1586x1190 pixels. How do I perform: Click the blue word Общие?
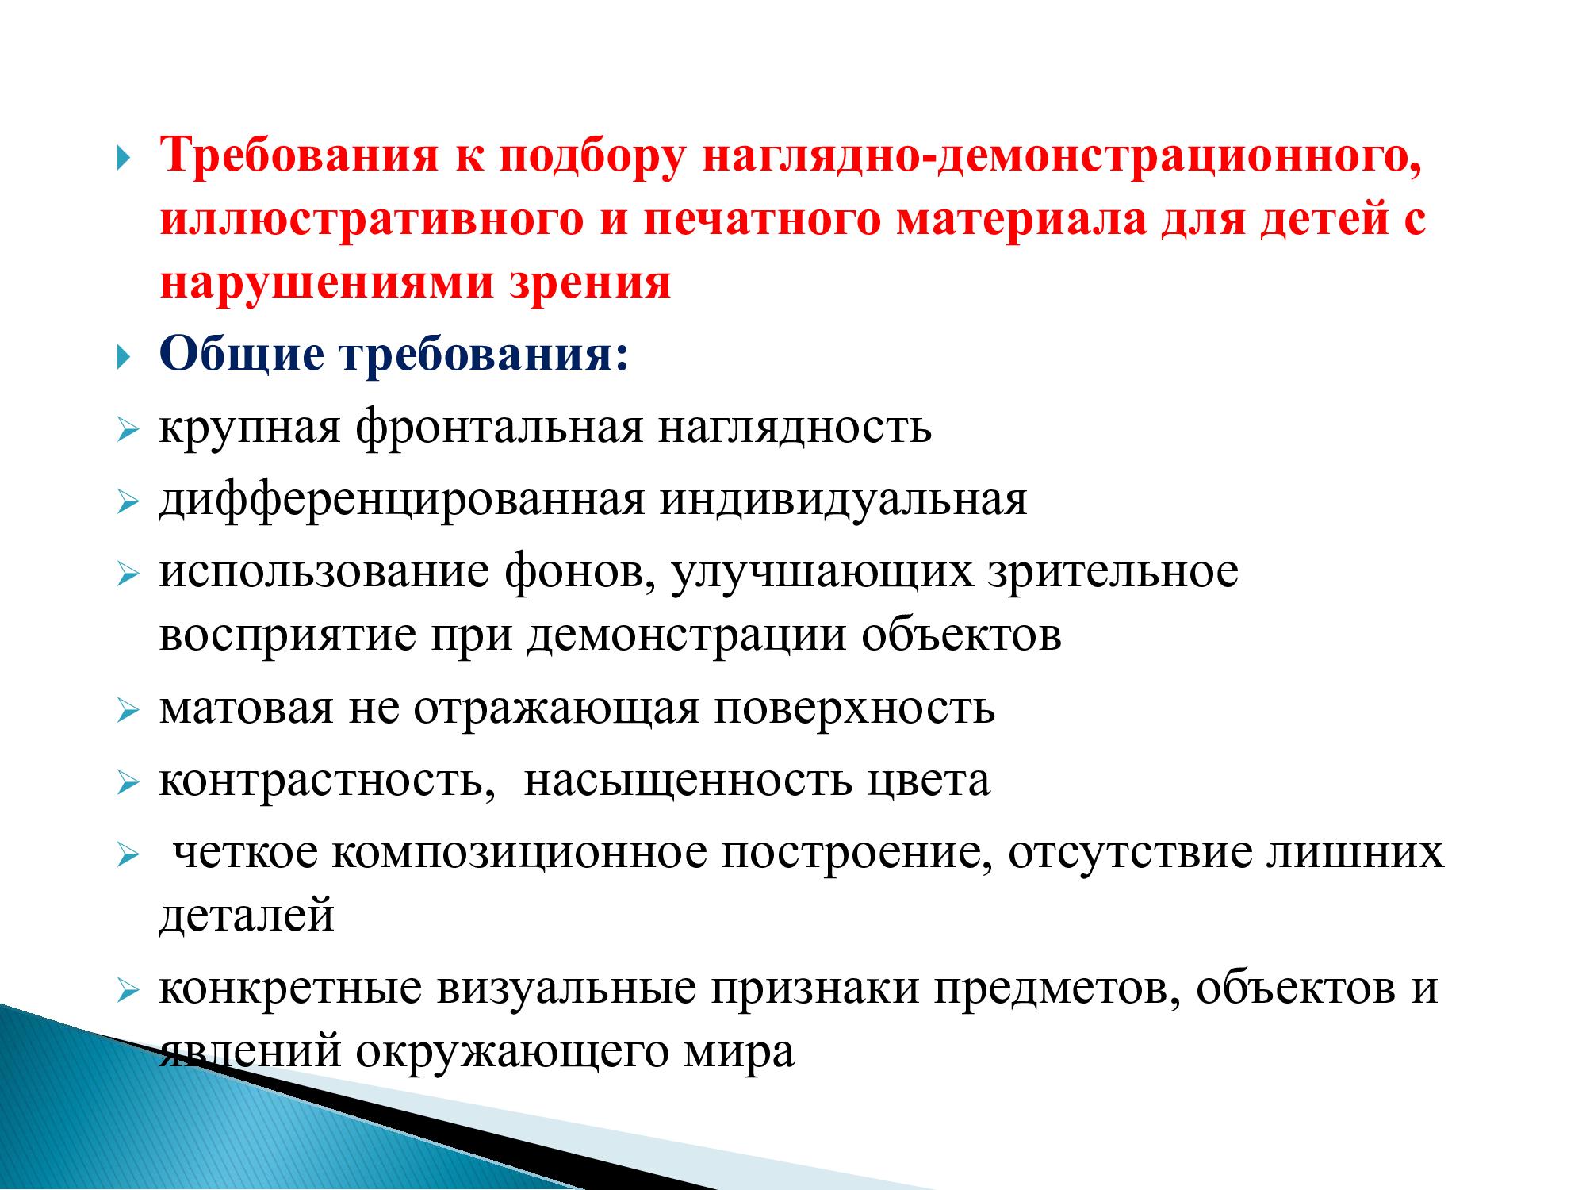point(243,355)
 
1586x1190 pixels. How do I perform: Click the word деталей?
point(247,916)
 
